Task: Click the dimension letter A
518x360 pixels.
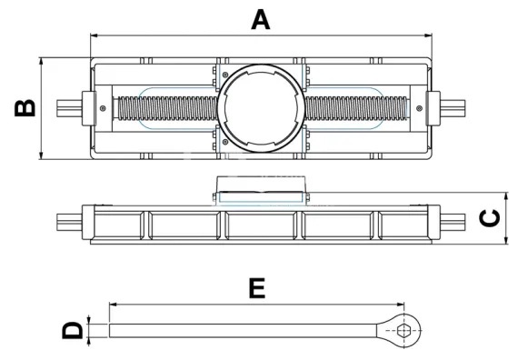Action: click(x=260, y=18)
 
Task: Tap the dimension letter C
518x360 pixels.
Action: click(x=490, y=219)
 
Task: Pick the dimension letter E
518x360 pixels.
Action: click(x=257, y=288)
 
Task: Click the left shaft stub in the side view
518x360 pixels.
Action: click(x=68, y=220)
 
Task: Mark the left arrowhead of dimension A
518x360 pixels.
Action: click(x=94, y=35)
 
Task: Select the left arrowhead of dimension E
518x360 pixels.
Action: click(x=112, y=304)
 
